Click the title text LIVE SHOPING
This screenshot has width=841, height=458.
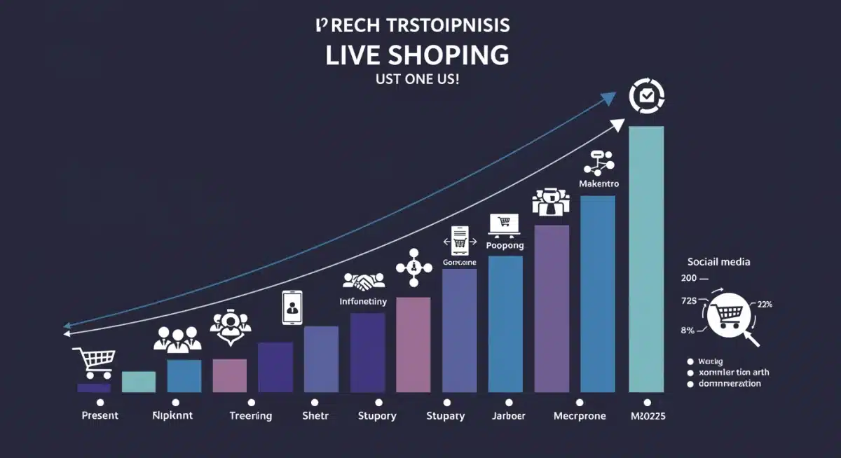[417, 55]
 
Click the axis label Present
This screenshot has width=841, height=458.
[100, 415]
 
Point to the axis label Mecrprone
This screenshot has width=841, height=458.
[580, 415]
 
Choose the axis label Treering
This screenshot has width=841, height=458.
[250, 415]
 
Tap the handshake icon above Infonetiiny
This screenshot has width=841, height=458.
[363, 282]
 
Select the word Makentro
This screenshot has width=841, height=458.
[599, 183]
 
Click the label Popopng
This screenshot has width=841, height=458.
[505, 246]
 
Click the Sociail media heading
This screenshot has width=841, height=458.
[718, 262]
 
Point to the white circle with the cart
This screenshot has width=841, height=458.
[729, 316]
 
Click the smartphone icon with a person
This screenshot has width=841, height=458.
[292, 307]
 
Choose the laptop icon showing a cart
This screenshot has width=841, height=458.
[503, 223]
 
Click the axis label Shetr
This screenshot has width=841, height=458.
[315, 415]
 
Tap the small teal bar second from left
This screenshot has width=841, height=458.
[139, 382]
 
